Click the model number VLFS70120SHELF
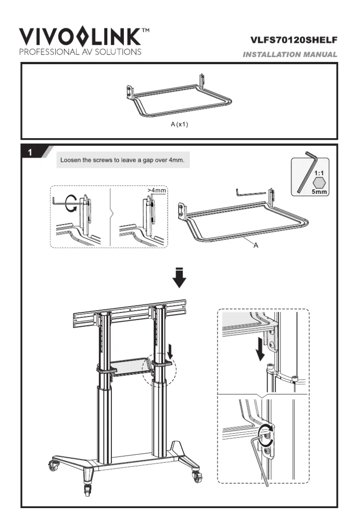tap(294, 41)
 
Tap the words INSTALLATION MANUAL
tap(290, 55)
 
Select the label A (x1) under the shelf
tap(179, 124)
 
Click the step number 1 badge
tap(30, 152)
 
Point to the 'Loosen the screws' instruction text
tap(123, 160)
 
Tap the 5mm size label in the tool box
tap(320, 192)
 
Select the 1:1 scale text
tap(320, 172)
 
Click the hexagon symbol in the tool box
tap(320, 182)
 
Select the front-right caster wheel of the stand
tap(197, 476)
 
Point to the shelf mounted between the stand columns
tap(130, 365)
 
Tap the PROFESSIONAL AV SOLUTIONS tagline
tap(80, 51)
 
